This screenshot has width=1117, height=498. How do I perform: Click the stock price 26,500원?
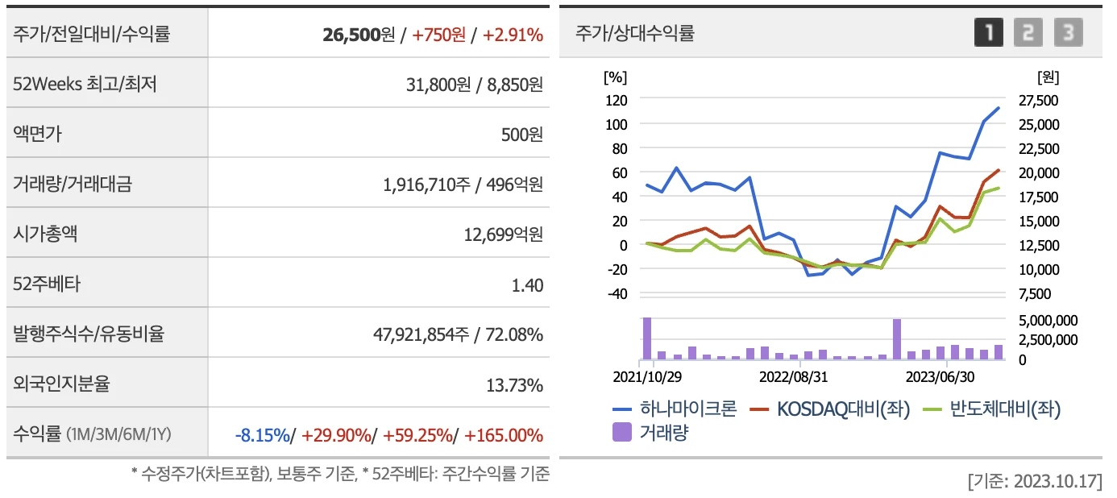click(358, 35)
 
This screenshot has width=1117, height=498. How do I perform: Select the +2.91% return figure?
click(513, 35)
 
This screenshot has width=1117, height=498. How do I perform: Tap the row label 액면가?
click(37, 134)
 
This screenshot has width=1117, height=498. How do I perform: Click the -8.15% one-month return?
click(262, 435)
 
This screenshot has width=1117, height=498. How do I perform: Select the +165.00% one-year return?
click(505, 435)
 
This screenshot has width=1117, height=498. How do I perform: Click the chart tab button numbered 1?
click(989, 33)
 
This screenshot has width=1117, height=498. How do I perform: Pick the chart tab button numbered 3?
click(1068, 33)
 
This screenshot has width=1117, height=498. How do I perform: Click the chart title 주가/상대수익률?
click(634, 33)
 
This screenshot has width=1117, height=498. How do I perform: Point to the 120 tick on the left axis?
click(617, 100)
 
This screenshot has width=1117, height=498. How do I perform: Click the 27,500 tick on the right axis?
click(1038, 100)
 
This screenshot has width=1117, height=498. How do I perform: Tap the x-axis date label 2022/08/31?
click(794, 376)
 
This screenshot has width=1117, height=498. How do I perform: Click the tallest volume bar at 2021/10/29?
click(647, 338)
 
